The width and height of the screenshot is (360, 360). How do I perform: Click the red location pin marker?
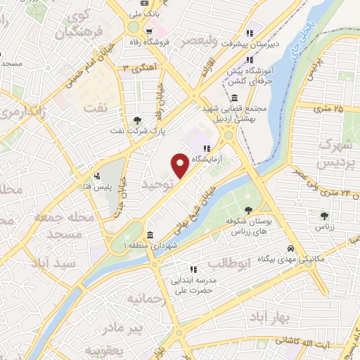(x=180, y=165)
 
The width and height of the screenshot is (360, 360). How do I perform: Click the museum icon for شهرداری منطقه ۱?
(x=150, y=235)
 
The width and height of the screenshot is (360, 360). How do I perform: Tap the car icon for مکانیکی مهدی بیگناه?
(x=290, y=249)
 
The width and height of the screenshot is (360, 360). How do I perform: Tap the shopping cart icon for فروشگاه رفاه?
(x=148, y=32)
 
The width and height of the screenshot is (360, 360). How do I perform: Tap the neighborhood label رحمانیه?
(x=148, y=299)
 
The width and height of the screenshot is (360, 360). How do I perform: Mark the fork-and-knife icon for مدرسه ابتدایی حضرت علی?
(x=191, y=269)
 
